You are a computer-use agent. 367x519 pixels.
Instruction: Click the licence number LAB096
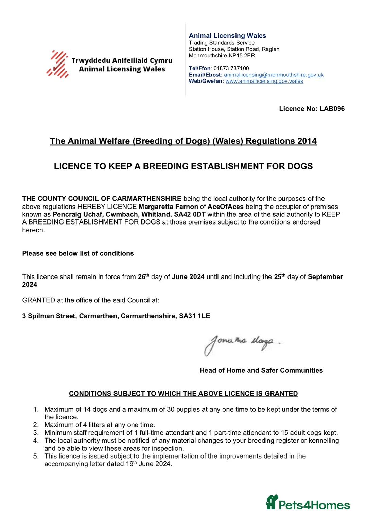(332, 109)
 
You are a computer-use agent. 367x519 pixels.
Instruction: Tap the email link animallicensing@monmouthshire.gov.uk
(274, 75)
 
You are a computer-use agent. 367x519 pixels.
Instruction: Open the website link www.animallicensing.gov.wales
(264, 81)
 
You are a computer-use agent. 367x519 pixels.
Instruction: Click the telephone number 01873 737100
(231, 68)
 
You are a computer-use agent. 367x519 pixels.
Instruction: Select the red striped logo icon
(58, 64)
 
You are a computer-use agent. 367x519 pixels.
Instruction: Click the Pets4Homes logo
(308, 503)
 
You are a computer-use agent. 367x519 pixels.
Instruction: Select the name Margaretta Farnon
(168, 207)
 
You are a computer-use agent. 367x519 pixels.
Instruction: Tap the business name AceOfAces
(225, 207)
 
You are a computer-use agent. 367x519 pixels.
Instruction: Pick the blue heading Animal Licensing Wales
(227, 36)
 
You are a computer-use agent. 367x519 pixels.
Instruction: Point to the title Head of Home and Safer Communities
(261, 370)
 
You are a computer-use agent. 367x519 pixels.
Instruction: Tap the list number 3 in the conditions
(36, 433)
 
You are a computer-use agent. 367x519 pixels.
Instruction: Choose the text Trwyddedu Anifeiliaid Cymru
(122, 61)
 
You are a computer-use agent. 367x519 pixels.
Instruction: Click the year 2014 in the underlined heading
(307, 141)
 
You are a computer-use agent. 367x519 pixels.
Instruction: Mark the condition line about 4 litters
(100, 425)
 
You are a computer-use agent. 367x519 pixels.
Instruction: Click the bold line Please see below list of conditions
(78, 253)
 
